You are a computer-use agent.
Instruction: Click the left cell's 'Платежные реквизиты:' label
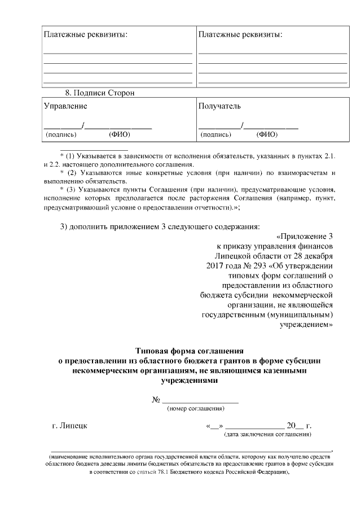[x=85, y=35]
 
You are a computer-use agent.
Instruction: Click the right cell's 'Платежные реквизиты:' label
[x=240, y=35]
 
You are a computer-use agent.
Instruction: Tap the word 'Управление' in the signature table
[x=65, y=106]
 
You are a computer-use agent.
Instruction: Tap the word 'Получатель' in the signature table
[x=219, y=106]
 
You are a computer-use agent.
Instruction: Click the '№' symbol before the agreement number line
[x=156, y=399]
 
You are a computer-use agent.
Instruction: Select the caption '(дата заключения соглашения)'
[x=268, y=435]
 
